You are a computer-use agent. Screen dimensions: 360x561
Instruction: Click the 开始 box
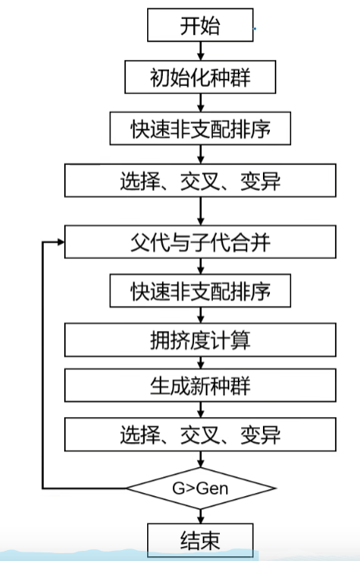pyautogui.click(x=200, y=25)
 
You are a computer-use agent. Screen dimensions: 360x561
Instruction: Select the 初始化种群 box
pyautogui.click(x=200, y=77)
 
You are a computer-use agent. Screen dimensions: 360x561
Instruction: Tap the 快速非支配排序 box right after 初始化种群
pyautogui.click(x=200, y=128)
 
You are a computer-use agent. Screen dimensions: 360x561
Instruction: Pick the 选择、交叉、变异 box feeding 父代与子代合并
pyautogui.click(x=200, y=180)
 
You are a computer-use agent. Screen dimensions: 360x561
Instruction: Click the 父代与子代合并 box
pyautogui.click(x=200, y=242)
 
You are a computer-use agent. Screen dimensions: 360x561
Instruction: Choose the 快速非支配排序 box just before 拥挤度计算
pyautogui.click(x=200, y=291)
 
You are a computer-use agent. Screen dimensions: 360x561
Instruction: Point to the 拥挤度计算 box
pyautogui.click(x=200, y=340)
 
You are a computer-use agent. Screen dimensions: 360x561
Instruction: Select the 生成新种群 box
pyautogui.click(x=200, y=385)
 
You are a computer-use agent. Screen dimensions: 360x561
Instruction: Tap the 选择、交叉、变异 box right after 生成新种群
pyautogui.click(x=200, y=434)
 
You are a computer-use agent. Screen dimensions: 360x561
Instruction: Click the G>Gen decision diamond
pyautogui.click(x=200, y=488)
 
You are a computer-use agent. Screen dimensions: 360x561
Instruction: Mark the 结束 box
pyautogui.click(x=200, y=540)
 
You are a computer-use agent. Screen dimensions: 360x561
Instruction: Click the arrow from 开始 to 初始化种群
pyautogui.click(x=200, y=51)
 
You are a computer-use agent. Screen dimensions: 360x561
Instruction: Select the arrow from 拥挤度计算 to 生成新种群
pyautogui.click(x=200, y=363)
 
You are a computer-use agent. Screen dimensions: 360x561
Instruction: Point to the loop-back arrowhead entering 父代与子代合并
pyautogui.click(x=60, y=243)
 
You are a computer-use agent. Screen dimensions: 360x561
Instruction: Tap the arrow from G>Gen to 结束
pyautogui.click(x=200, y=516)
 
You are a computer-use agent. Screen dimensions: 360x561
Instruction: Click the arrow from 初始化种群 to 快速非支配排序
pyautogui.click(x=200, y=102)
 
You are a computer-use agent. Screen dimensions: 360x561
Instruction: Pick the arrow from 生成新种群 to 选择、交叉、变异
pyautogui.click(x=200, y=410)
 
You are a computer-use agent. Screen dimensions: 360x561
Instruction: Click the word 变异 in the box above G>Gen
pyautogui.click(x=261, y=435)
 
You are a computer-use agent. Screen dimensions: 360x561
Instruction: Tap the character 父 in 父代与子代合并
pyautogui.click(x=140, y=243)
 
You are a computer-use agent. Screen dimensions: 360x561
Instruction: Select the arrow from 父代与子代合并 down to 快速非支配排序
pyautogui.click(x=200, y=266)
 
